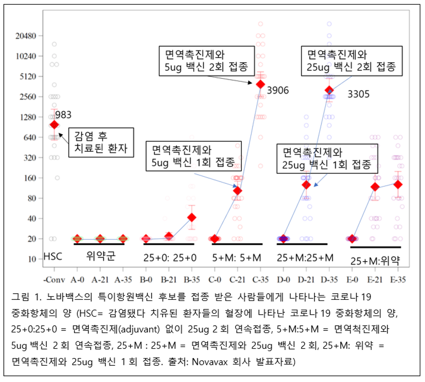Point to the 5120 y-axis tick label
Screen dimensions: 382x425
(x=26, y=76)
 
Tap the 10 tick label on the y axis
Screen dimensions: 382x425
(x=32, y=259)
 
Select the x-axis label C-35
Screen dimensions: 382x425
(x=260, y=278)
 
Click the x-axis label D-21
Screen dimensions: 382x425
(x=306, y=278)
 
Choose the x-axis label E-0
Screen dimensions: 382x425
(x=352, y=278)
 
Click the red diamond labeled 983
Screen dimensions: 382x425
(x=54, y=124)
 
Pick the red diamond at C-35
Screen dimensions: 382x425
(x=260, y=84)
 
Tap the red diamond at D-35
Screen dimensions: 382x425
(x=329, y=90)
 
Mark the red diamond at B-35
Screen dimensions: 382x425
(x=192, y=217)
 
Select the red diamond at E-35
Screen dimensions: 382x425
(x=397, y=184)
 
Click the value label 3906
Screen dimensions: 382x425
(x=278, y=90)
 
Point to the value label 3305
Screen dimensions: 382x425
(x=358, y=94)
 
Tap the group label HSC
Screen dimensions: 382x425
(x=53, y=256)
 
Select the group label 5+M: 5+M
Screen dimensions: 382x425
(x=237, y=257)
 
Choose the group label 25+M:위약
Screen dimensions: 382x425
(x=375, y=261)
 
